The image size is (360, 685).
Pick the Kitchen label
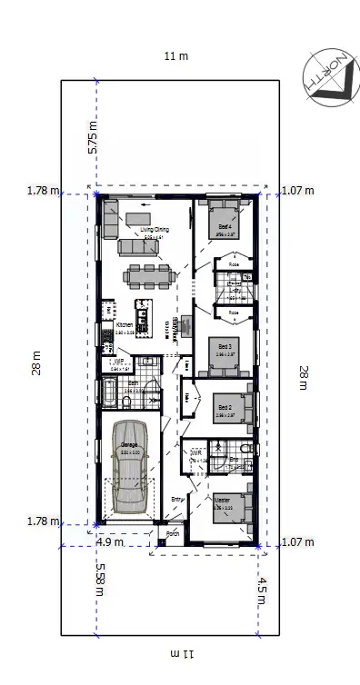(125, 324)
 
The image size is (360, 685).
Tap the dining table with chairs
(146, 274)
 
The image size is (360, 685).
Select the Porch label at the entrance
(173, 534)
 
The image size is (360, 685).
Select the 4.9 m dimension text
(110, 543)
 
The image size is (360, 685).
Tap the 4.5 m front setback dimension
(263, 591)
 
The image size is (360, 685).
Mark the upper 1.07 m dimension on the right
(296, 191)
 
